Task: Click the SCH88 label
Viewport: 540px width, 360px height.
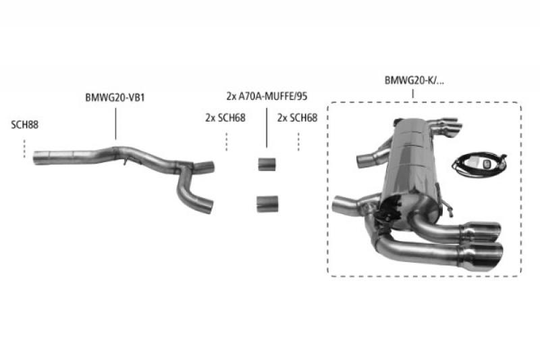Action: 24,125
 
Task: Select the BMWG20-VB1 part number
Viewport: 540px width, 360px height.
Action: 115,97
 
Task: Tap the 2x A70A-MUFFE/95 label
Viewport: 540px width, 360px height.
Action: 267,96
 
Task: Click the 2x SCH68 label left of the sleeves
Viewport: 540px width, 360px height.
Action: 225,118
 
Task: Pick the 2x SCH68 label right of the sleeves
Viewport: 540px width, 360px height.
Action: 297,118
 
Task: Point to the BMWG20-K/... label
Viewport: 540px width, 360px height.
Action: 414,80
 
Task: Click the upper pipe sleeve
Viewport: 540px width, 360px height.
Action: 267,164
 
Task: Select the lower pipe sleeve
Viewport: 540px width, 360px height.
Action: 267,204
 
